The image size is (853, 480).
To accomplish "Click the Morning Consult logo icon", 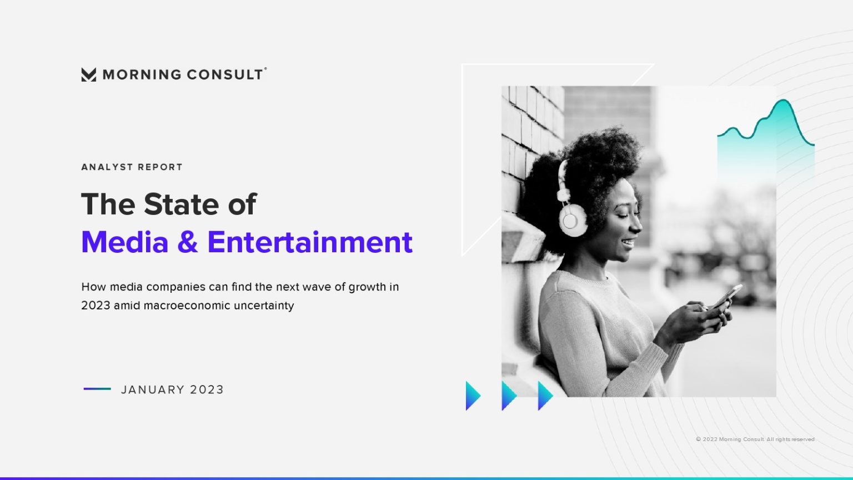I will tap(88, 74).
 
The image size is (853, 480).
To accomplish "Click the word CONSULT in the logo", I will tap(224, 74).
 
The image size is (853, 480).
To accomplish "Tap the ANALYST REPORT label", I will tap(132, 167).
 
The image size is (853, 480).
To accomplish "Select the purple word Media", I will tap(125, 242).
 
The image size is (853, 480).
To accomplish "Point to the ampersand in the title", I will tap(188, 242).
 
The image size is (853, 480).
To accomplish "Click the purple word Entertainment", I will tap(310, 242).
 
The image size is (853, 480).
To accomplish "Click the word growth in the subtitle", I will tap(367, 287).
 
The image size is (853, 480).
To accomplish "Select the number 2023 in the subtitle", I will tap(96, 306).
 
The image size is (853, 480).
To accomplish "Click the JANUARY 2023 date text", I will tap(172, 390).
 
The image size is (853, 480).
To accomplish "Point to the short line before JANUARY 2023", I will tap(97, 389).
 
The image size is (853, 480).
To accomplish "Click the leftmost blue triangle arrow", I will tap(472, 396).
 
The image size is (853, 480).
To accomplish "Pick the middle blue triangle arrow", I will tap(508, 396).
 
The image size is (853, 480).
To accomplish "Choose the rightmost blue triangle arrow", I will tap(544, 396).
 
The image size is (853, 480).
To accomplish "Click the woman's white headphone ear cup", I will tap(572, 219).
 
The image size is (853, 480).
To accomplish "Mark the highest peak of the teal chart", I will tap(783, 101).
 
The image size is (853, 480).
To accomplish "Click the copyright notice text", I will tap(755, 439).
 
